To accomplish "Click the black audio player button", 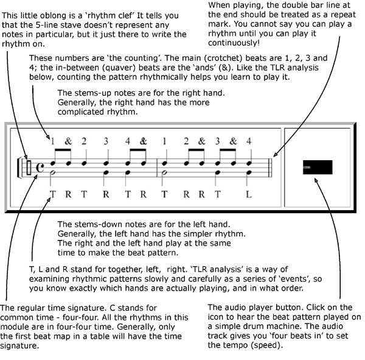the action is coord(318,167).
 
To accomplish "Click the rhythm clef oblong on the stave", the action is coord(29,168).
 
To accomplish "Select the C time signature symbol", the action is coord(40,168).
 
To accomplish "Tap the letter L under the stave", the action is coord(249,194).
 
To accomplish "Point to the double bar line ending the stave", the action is coord(270,168).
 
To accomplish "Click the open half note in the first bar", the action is coord(53,172).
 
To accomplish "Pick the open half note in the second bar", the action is coord(165,172).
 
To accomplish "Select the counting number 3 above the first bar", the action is coord(106,141).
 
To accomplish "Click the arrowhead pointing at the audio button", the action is coord(316,181).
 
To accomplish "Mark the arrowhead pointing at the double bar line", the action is coord(276,154).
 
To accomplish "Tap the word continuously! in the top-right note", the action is coord(234,43).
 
